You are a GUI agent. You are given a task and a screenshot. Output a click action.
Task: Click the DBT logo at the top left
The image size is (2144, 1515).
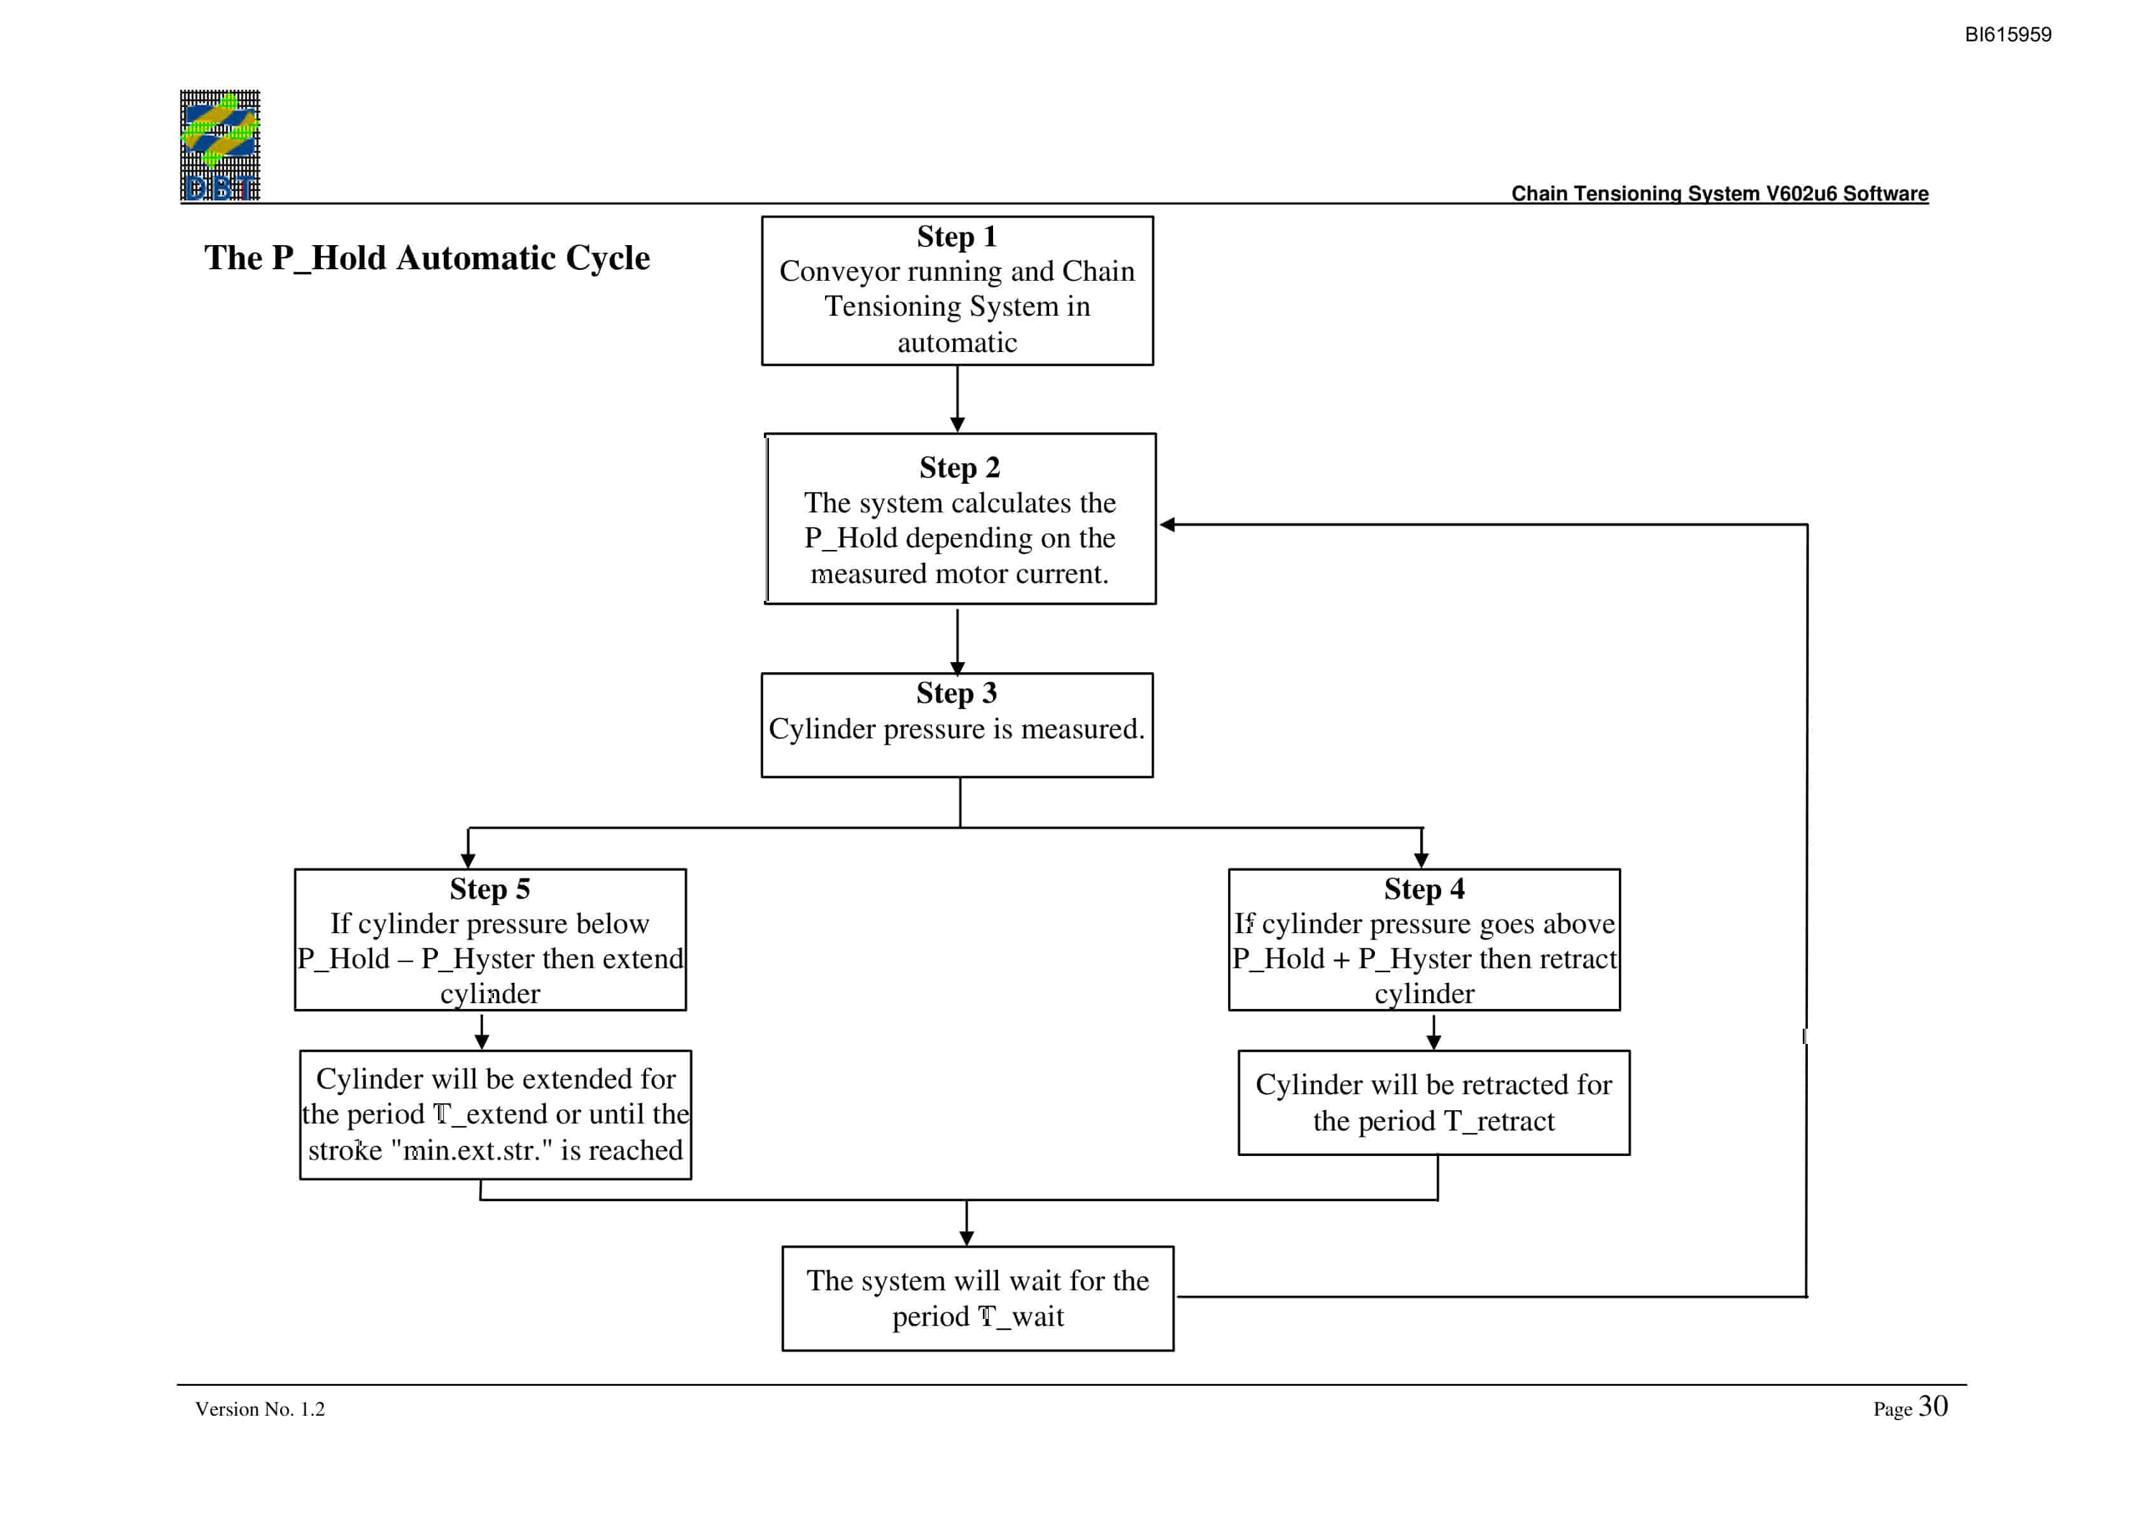pos(220,146)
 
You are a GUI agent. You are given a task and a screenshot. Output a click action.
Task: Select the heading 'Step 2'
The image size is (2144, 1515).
pos(959,467)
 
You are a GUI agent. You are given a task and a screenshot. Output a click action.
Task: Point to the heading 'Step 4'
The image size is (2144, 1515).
pos(1424,889)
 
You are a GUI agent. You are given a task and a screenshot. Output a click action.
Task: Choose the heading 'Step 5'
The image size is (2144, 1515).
pos(490,889)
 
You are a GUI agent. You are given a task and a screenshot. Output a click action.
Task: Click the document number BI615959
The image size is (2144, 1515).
pos(2008,34)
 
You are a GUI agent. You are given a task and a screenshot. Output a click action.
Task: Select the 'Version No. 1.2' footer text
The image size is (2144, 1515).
pos(260,1409)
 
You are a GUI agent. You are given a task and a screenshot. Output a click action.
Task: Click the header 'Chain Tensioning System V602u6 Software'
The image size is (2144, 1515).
pos(1719,194)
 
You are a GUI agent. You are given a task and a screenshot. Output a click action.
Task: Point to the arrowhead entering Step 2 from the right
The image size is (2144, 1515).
pos(1166,525)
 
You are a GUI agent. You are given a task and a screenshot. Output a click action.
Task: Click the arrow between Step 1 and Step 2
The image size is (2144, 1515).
pos(957,399)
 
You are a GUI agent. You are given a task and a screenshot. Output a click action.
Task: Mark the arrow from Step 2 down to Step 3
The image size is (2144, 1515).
pos(957,642)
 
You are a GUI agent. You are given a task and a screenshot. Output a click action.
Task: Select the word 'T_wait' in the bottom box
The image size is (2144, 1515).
pos(1020,1317)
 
